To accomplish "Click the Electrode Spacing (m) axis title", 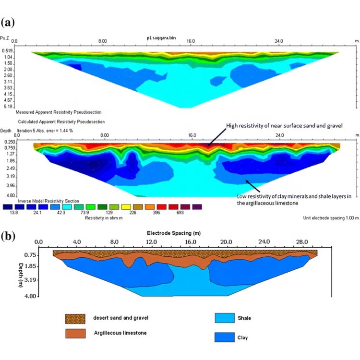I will click(x=180, y=232).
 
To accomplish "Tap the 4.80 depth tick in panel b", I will click(x=31, y=297).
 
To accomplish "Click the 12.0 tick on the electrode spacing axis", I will click(x=151, y=241).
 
